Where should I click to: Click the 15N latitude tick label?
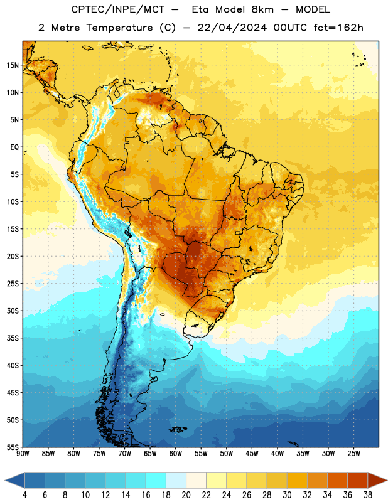click(13, 65)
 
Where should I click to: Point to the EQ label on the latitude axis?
click(14, 147)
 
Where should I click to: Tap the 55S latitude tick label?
click(13, 447)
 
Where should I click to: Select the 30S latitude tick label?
click(13, 311)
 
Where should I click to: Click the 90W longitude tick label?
click(23, 454)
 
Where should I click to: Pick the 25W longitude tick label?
click(353, 454)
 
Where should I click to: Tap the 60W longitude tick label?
click(176, 454)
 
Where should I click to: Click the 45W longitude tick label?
click(252, 454)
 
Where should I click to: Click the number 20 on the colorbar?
click(186, 495)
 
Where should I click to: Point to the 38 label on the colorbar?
click(368, 495)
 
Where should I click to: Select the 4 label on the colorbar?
click(24, 495)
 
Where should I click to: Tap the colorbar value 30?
click(287, 495)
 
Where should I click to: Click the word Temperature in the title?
click(119, 28)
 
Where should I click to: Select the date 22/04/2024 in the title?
click(232, 28)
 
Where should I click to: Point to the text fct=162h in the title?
click(338, 28)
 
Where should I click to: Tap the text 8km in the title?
click(262, 9)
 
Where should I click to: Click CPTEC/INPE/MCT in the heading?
click(117, 10)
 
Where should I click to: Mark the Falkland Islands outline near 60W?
click(178, 429)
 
